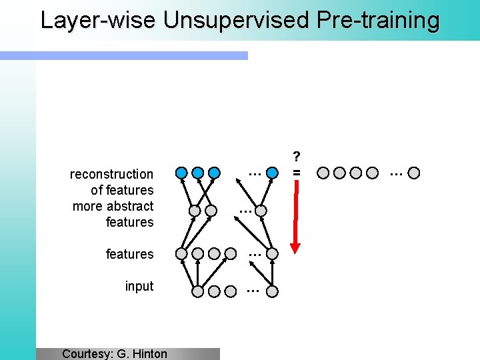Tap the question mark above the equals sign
click(297, 156)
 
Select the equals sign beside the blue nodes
click(297, 173)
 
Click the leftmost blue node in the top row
click(181, 173)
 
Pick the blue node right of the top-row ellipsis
click(272, 173)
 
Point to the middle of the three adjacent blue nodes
click(198, 173)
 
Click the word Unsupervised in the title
click(236, 20)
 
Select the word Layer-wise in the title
click(98, 20)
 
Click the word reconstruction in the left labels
click(111, 174)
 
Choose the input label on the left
click(139, 286)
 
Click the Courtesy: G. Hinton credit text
click(115, 353)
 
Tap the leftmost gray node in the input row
click(198, 291)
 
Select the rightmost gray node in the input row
click(272, 291)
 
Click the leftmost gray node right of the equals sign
click(323, 173)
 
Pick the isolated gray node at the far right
click(414, 173)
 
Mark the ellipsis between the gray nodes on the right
click(396, 173)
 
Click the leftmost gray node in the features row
click(181, 254)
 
